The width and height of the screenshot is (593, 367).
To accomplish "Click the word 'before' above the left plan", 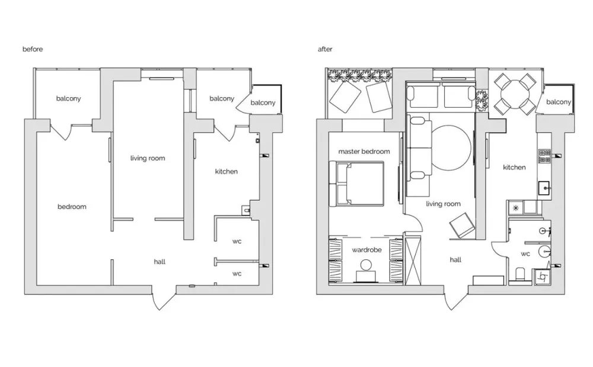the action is [x=33, y=49].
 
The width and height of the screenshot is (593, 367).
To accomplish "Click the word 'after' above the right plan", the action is [x=325, y=49].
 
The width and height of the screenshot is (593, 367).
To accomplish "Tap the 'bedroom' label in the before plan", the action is [x=72, y=207].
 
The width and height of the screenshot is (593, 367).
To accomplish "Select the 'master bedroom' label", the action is [x=364, y=152].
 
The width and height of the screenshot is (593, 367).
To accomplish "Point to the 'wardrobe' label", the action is [x=366, y=250].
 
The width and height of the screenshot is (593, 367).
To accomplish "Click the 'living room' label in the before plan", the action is [x=148, y=158].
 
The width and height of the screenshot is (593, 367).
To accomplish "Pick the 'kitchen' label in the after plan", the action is [x=514, y=168].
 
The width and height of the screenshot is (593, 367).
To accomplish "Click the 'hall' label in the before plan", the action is [x=160, y=262].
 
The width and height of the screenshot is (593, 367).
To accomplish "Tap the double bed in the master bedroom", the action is [x=356, y=184].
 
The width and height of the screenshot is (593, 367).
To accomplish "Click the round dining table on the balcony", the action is [x=514, y=94].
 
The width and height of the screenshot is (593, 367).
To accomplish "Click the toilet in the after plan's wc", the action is [x=520, y=274].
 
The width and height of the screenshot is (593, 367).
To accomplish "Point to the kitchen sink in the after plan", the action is [x=544, y=188].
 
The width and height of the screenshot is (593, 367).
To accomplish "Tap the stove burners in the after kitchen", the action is [x=544, y=156].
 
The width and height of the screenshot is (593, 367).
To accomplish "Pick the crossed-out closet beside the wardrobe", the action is [x=413, y=260].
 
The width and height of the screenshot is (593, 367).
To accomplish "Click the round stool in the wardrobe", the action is [x=366, y=265].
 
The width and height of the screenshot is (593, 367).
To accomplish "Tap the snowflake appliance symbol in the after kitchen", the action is [x=515, y=208].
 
